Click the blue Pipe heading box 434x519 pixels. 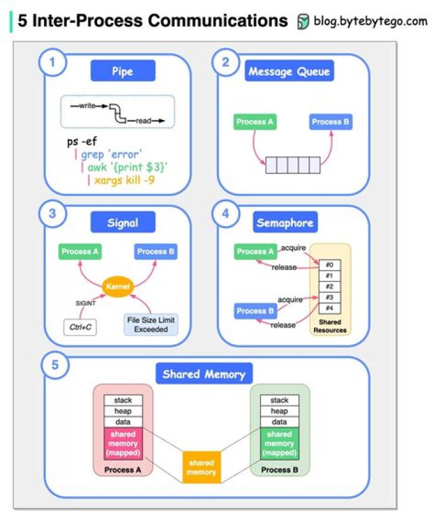(123, 71)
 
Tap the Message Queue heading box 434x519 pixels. (289, 72)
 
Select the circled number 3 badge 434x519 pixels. (52, 214)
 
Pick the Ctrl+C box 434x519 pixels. (80, 327)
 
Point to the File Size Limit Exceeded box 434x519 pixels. (151, 324)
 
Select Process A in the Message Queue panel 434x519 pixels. (255, 122)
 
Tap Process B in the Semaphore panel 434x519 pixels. (256, 311)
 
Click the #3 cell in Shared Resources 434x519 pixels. (329, 297)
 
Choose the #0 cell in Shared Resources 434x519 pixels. (329, 265)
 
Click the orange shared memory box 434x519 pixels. (201, 467)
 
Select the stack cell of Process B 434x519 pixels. (279, 400)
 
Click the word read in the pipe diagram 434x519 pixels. (143, 121)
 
